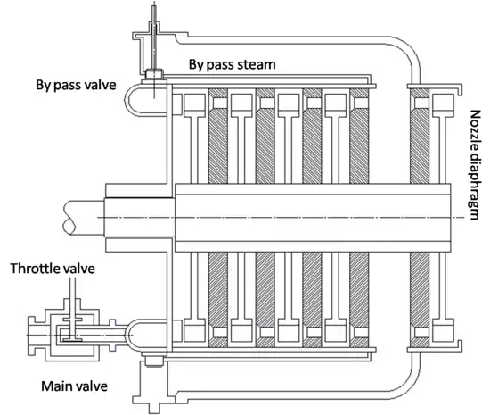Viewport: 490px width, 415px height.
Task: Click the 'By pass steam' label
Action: coord(233,65)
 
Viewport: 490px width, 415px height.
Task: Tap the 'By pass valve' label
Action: coord(76,85)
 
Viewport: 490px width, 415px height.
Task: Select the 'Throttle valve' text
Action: coord(53,269)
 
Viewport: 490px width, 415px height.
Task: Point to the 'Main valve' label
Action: coord(74,386)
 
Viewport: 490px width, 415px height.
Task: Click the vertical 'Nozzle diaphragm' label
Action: coord(475,164)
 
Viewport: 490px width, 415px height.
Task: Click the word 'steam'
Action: coord(257,65)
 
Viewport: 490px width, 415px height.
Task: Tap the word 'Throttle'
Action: coord(35,269)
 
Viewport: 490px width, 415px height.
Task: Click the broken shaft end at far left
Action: coord(69,218)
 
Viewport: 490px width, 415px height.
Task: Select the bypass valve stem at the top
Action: coord(154,37)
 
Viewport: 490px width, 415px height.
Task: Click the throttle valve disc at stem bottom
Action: coord(72,339)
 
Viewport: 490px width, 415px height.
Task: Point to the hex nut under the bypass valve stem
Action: coord(154,74)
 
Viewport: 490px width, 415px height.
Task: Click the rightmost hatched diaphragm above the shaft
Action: coord(420,135)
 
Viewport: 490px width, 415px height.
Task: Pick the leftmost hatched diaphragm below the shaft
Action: coord(217,299)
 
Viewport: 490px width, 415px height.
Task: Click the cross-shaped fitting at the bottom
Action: coord(153,402)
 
